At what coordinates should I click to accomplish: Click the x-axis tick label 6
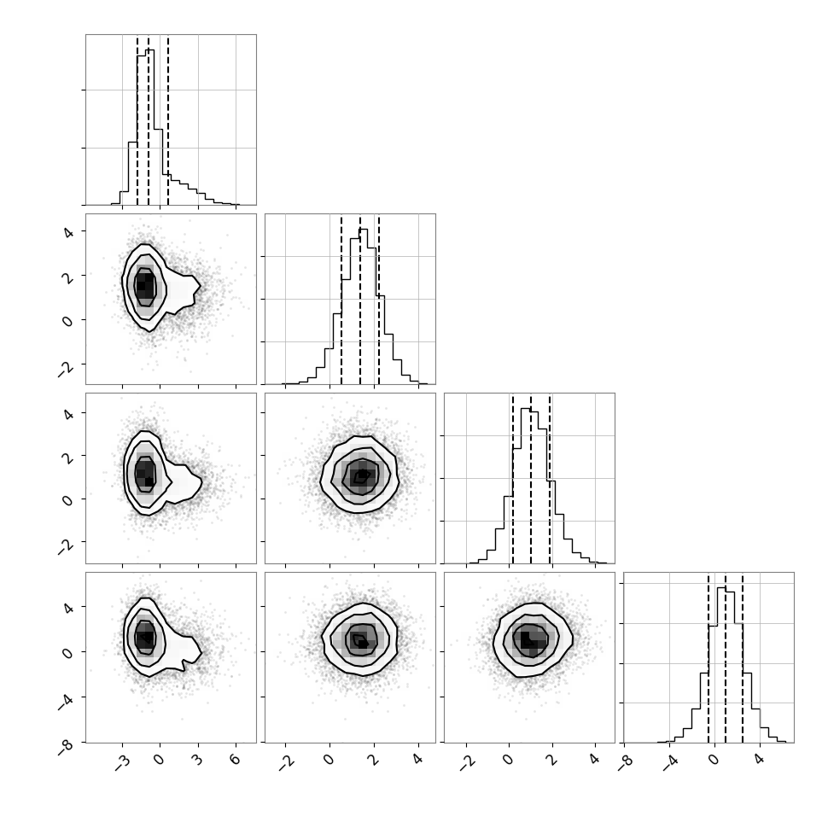pyautogui.click(x=236, y=760)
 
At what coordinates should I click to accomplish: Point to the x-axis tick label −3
pyautogui.click(x=122, y=761)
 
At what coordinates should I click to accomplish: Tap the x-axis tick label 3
pyautogui.click(x=197, y=760)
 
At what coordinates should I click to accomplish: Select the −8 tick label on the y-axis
pyautogui.click(x=67, y=747)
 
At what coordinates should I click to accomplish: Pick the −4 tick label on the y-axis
pyautogui.click(x=67, y=702)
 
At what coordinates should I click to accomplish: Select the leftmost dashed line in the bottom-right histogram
pyautogui.click(x=708, y=658)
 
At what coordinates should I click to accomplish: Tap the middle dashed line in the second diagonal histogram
pyautogui.click(x=360, y=300)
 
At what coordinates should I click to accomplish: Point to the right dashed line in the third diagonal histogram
pyautogui.click(x=550, y=478)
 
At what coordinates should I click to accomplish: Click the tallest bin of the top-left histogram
pyautogui.click(x=150, y=126)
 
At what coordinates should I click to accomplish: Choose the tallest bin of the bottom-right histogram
pyautogui.click(x=721, y=665)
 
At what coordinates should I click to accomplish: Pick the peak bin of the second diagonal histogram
pyautogui.click(x=364, y=306)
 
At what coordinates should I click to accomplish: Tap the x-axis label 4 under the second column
pyautogui.click(x=418, y=760)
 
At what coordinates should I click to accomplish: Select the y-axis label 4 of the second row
pyautogui.click(x=68, y=231)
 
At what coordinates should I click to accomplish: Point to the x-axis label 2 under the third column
pyautogui.click(x=551, y=760)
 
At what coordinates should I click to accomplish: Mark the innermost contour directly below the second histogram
pyautogui.click(x=361, y=475)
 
